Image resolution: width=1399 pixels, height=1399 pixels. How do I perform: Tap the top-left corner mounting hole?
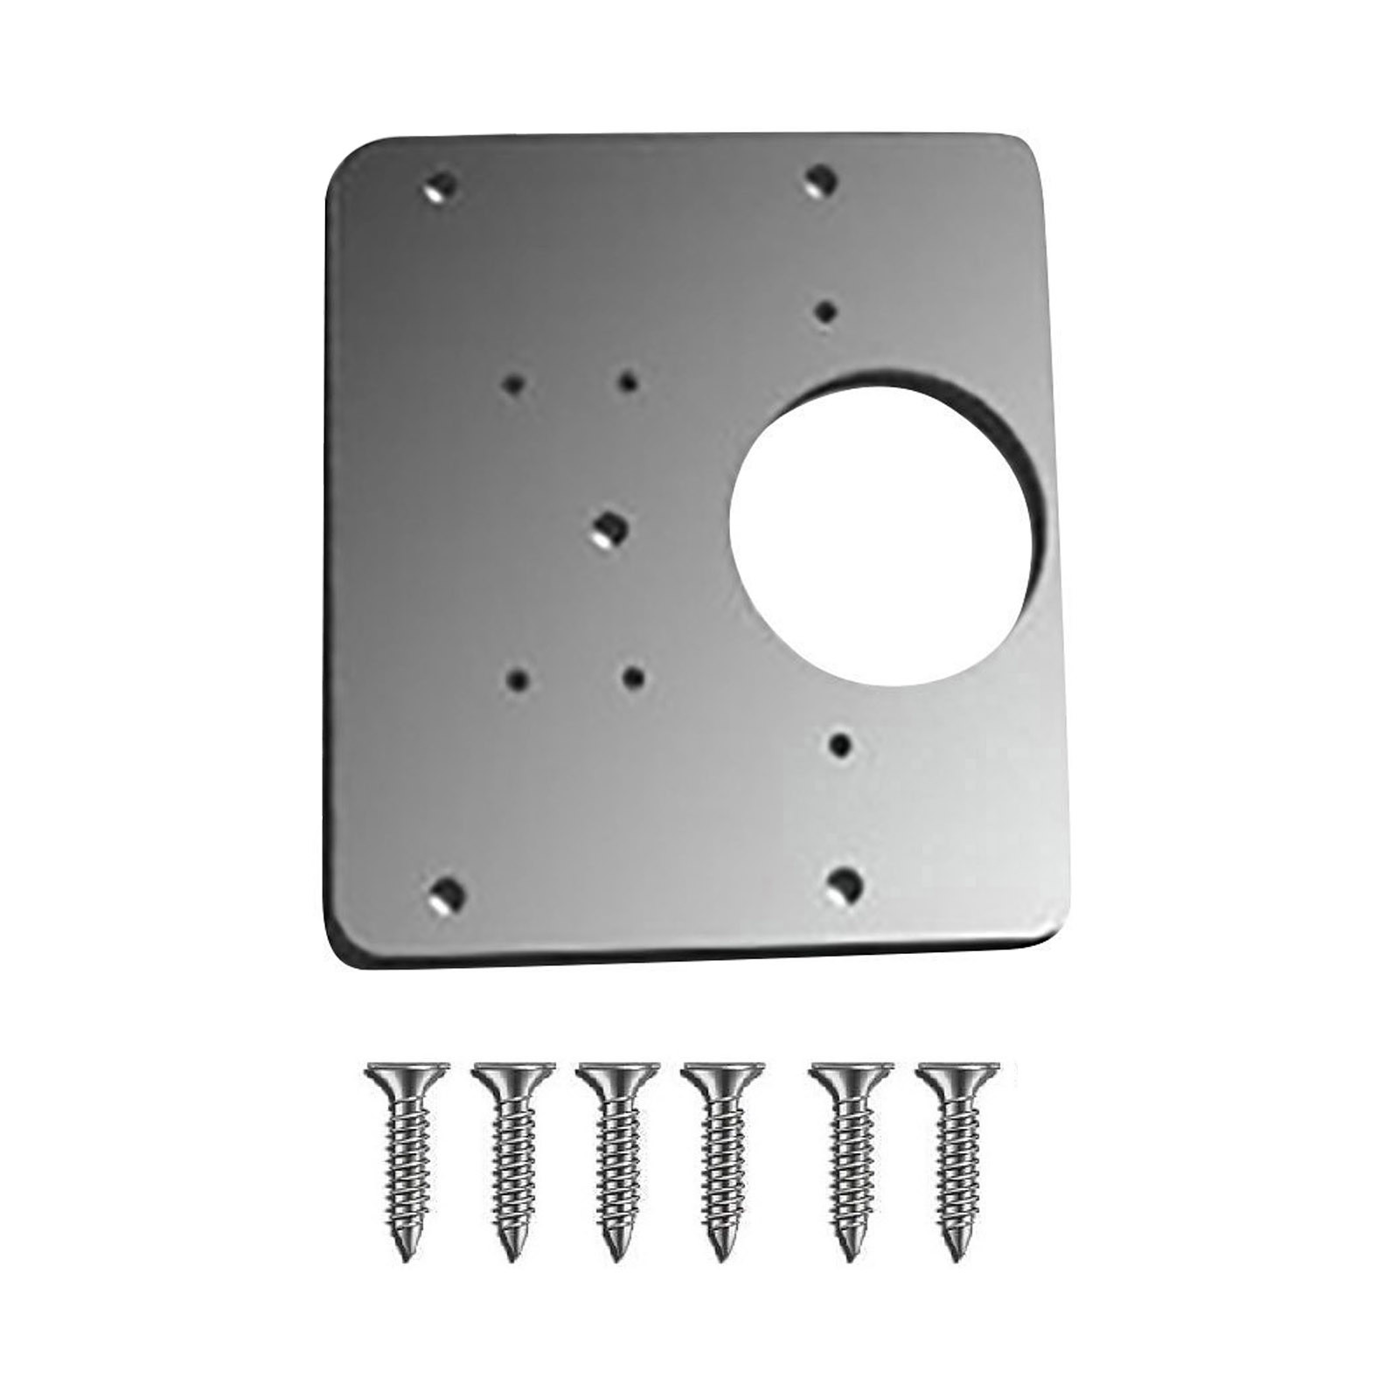(x=442, y=185)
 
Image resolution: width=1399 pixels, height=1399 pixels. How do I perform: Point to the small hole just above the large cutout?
(x=826, y=310)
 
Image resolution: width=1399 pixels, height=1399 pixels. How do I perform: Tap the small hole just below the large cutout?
(x=839, y=745)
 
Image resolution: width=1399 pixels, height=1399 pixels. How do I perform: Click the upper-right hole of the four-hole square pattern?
(x=627, y=381)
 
